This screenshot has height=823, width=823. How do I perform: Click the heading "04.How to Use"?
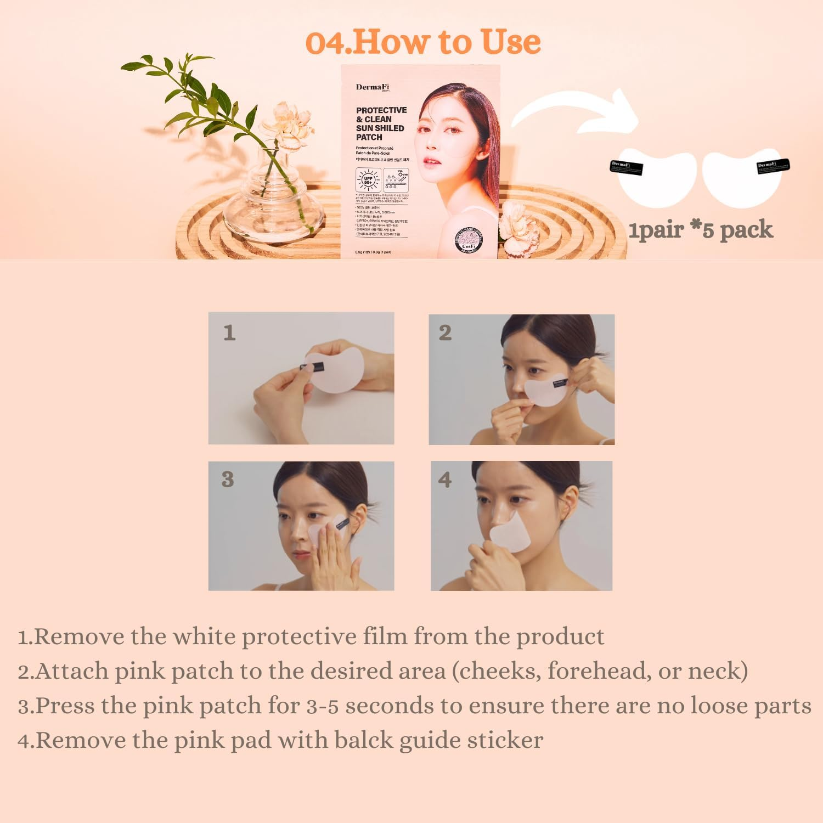point(423,42)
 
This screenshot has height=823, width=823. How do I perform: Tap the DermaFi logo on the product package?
point(373,87)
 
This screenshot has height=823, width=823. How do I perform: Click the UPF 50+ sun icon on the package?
point(368,179)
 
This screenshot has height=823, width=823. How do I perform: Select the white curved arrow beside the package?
point(576,112)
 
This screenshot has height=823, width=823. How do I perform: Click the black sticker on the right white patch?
point(773,166)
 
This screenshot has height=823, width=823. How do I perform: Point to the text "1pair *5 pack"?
point(701,230)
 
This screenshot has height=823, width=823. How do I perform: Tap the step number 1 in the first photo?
point(229,332)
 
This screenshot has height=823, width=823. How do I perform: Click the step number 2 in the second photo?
point(445,332)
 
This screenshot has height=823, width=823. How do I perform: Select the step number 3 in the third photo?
point(228,479)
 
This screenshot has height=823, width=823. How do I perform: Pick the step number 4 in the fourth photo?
point(445,480)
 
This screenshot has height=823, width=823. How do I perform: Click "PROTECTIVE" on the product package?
point(381,110)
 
